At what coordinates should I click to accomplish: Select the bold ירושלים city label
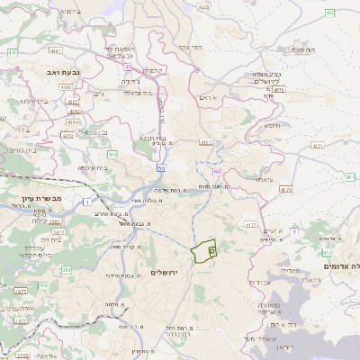pyautogui.click(x=166, y=272)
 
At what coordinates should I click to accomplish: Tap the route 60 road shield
pyautogui.click(x=217, y=170)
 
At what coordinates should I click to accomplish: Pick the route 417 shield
pyautogui.click(x=250, y=225)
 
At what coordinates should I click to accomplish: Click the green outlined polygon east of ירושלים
pyautogui.click(x=206, y=249)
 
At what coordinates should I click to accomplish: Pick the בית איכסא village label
pyautogui.click(x=93, y=167)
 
